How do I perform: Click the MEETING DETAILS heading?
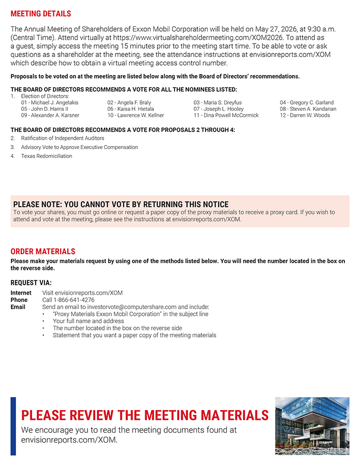click(41, 13)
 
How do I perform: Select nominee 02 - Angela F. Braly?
click(129, 103)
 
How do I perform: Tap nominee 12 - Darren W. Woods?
click(305, 115)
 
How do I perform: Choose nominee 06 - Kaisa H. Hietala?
click(131, 109)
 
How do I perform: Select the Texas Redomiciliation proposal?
click(47, 156)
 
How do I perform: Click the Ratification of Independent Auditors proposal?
click(62, 138)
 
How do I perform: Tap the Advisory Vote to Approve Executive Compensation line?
click(79, 147)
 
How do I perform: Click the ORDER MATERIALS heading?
click(43, 252)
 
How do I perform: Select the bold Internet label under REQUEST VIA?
click(21, 293)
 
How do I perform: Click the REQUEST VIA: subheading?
click(31, 283)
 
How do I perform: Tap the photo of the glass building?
click(312, 426)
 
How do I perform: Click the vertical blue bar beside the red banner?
click(13, 426)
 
